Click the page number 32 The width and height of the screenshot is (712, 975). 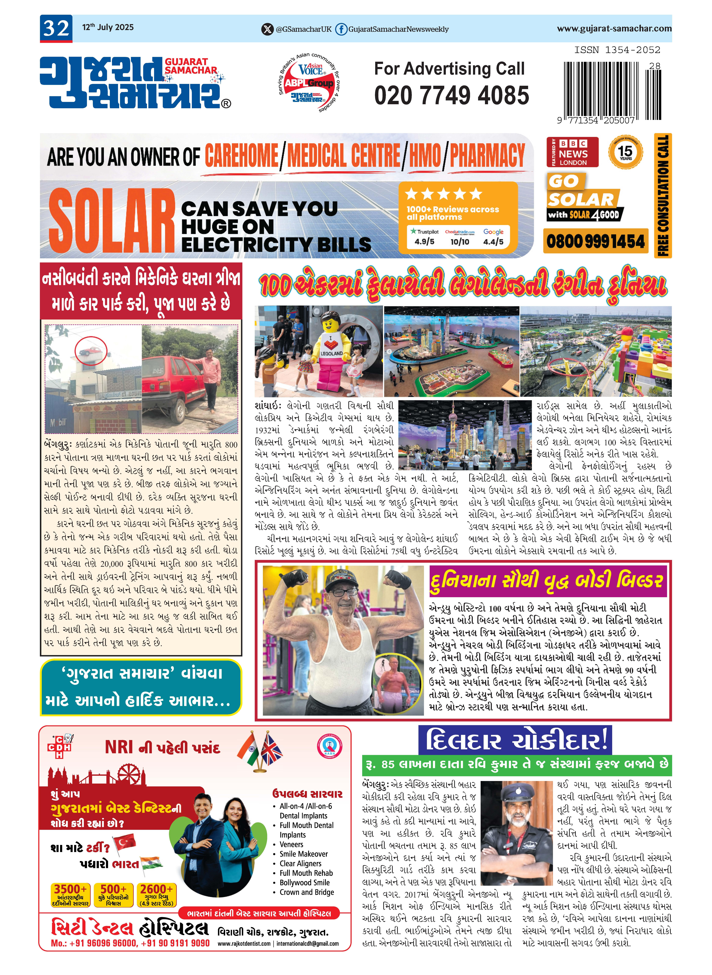click(56, 28)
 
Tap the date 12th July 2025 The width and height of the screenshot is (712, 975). click(108, 27)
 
